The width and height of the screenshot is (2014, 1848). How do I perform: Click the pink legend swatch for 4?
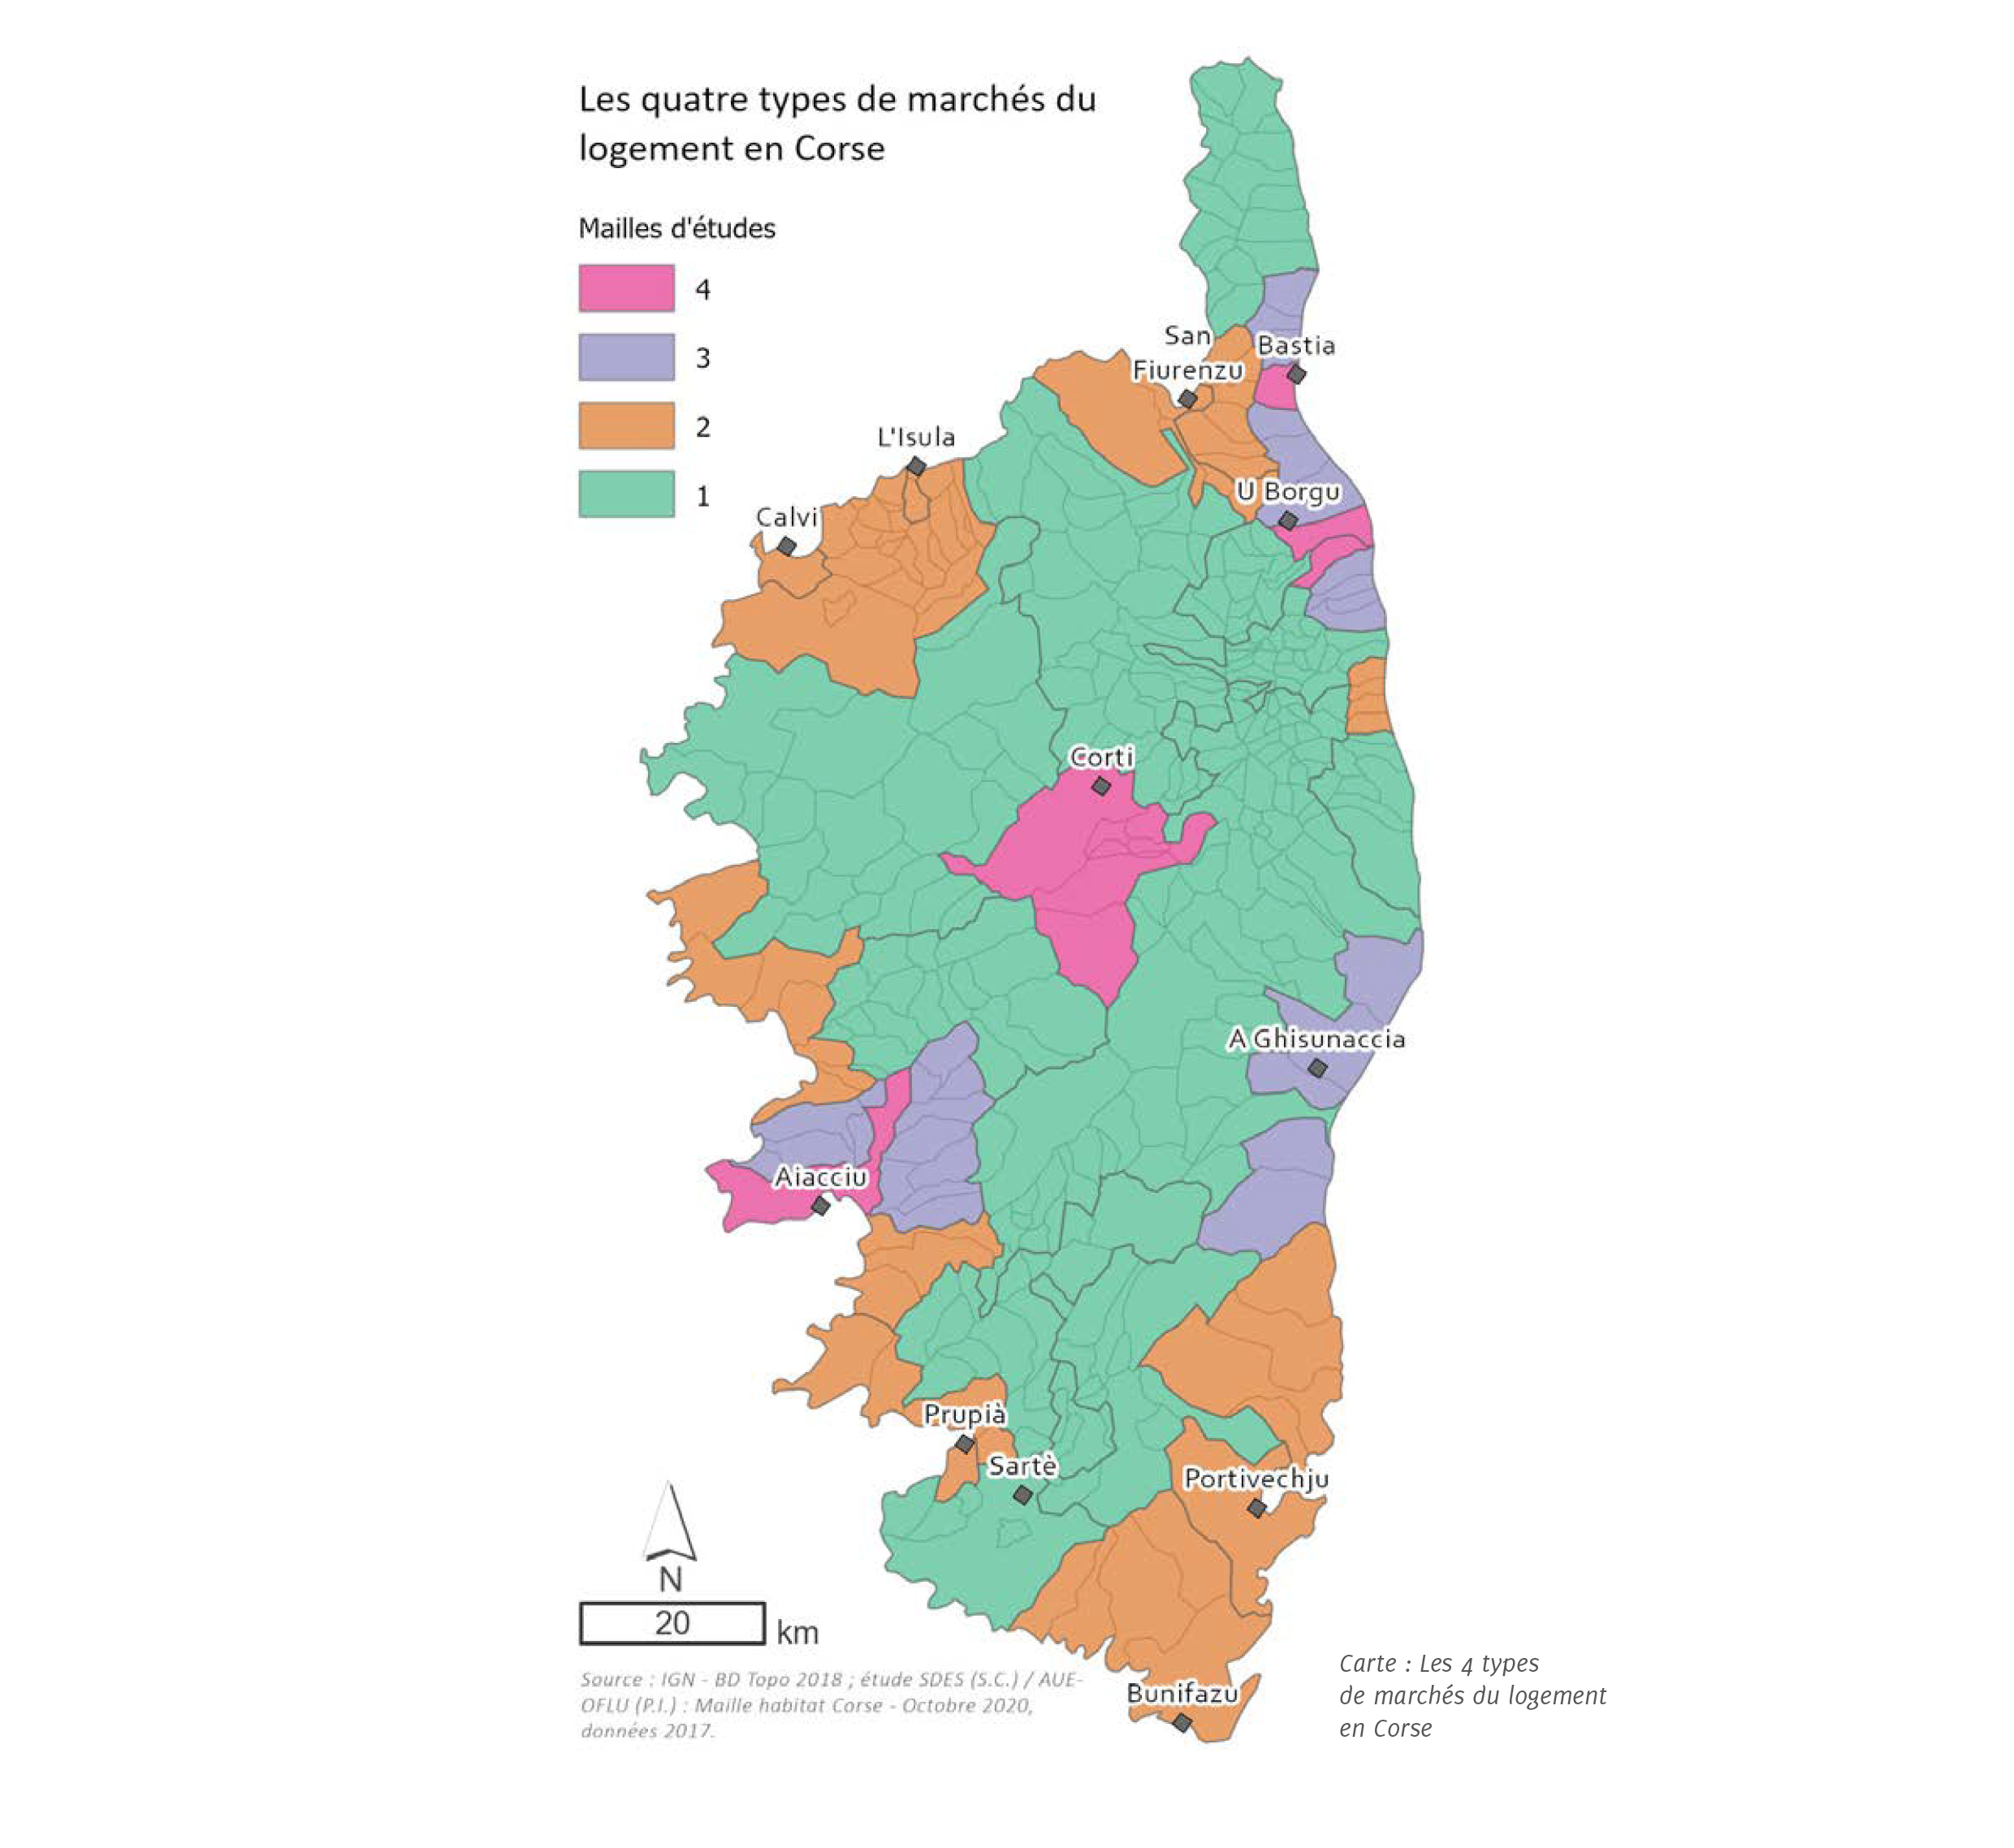tap(626, 288)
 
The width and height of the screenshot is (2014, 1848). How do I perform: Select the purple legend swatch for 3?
tap(626, 357)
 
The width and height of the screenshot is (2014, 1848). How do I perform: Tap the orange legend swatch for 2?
tap(626, 426)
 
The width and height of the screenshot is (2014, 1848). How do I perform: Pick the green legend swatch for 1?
tap(626, 494)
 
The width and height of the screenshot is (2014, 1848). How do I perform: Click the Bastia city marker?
tap(1296, 374)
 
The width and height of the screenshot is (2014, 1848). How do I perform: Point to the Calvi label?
tap(786, 517)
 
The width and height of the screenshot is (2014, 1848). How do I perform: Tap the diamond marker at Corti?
tap(1101, 786)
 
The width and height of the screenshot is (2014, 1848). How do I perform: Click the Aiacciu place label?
tap(820, 1177)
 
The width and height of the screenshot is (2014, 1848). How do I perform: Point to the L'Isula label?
tap(916, 437)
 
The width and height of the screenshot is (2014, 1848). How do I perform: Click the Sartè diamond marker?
tap(1022, 1494)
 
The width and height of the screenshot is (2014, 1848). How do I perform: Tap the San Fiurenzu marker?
tap(1187, 399)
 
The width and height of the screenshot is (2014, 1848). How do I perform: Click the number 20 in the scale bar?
tap(672, 1622)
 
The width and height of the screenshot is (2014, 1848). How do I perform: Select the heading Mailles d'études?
tap(677, 228)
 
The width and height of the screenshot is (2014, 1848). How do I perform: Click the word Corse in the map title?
tap(839, 149)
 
